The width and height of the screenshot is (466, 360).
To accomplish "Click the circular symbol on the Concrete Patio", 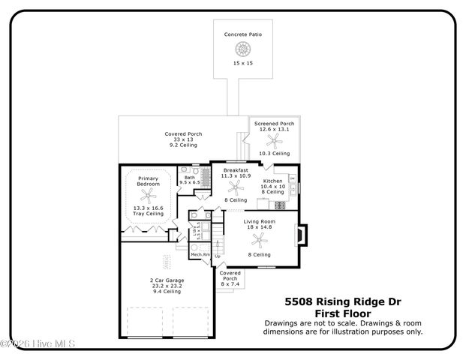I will [242, 49].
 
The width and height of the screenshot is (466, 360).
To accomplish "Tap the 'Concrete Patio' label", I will [242, 34].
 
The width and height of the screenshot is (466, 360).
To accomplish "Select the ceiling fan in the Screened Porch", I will [274, 140].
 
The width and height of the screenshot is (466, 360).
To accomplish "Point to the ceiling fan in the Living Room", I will [260, 240].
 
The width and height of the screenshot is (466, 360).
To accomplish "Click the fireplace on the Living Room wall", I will [300, 236].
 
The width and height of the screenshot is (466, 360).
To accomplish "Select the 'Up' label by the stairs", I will [218, 256].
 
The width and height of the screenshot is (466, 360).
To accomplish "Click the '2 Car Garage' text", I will [167, 280].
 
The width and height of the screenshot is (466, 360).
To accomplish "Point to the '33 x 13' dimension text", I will [183, 139].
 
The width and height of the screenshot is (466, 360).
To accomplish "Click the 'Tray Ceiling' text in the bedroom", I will [148, 214].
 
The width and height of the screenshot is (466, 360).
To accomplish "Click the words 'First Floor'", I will [343, 313].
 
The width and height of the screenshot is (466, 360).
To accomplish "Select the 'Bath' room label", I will [189, 177].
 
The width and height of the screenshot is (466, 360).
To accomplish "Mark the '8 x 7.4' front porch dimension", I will [230, 284].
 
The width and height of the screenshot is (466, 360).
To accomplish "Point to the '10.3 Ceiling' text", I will [274, 153].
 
